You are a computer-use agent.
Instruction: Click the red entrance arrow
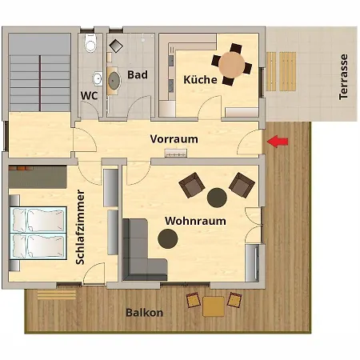point(278,142)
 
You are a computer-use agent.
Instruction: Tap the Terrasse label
point(344,77)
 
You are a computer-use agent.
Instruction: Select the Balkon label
point(144,313)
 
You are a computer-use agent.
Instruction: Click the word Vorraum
point(174,138)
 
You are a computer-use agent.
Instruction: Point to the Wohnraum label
point(195,220)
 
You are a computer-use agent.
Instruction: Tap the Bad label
point(138,75)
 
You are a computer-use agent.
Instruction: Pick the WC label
point(89,96)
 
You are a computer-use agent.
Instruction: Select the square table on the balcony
point(214,305)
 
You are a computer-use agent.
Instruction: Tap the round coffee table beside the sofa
point(168,237)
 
